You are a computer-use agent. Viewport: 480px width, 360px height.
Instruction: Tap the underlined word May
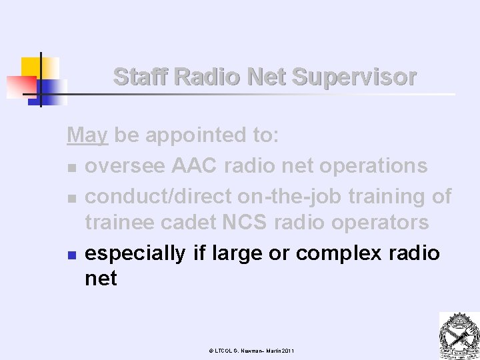click(x=87, y=136)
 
